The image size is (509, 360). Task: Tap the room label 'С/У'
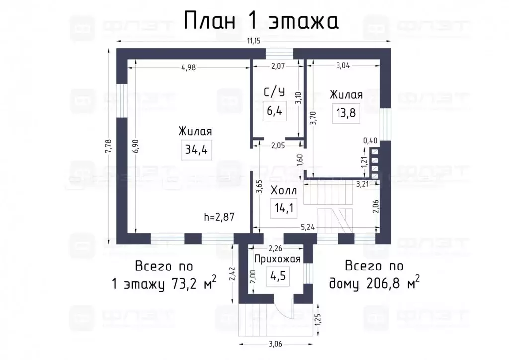pyautogui.click(x=274, y=92)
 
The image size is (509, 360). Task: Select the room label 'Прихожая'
pyautogui.click(x=277, y=259)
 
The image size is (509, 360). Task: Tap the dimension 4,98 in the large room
pyautogui.click(x=188, y=68)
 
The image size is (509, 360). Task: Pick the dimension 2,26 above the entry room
pyautogui.click(x=276, y=249)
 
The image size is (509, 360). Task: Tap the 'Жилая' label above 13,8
pyautogui.click(x=346, y=95)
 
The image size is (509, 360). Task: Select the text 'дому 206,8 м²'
pyautogui.click(x=374, y=283)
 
